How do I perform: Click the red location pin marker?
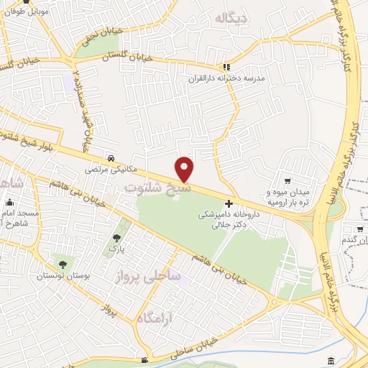click(185, 169)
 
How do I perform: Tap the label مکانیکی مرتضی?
click(104, 170)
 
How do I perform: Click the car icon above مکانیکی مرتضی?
click(110, 158)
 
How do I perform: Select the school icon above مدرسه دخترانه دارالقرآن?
click(227, 66)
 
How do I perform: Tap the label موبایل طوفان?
click(27, 11)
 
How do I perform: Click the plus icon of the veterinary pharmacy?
click(229, 204)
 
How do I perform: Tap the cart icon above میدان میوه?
click(287, 181)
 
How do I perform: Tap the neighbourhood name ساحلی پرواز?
click(148, 277)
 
